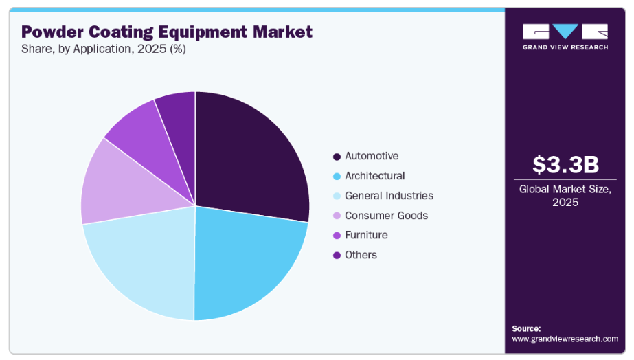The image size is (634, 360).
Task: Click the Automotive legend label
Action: (x=372, y=156)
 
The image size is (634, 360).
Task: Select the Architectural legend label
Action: (x=375, y=176)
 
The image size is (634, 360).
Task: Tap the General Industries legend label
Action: (x=389, y=196)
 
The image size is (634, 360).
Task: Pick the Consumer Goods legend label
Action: (x=386, y=216)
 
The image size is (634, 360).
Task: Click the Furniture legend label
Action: (x=366, y=235)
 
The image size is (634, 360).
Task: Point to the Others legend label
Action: (x=361, y=255)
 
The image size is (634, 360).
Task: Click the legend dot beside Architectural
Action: (x=336, y=177)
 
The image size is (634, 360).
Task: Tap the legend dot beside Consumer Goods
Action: (x=336, y=216)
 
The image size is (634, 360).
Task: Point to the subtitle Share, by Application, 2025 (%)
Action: (x=103, y=49)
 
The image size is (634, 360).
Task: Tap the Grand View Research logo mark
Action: (x=565, y=32)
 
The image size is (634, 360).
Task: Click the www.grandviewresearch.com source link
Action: (x=565, y=339)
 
